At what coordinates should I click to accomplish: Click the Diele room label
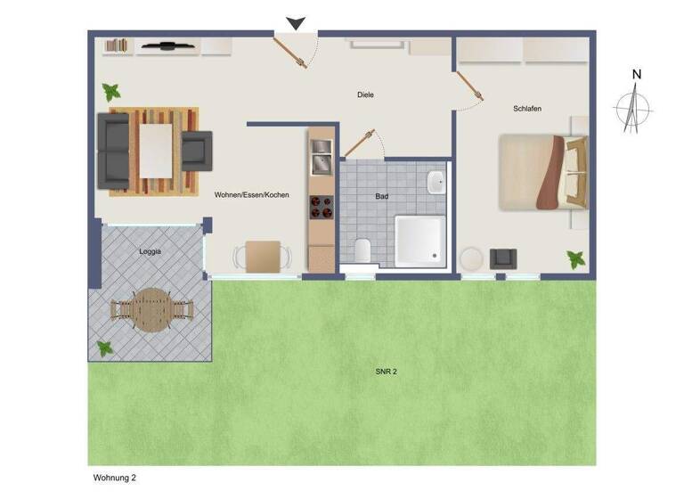click(x=365, y=94)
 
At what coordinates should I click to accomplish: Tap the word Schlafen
click(x=527, y=109)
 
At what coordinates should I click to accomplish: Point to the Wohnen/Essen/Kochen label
click(x=252, y=194)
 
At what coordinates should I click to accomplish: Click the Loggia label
click(x=151, y=251)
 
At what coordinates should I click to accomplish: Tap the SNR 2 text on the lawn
click(x=386, y=371)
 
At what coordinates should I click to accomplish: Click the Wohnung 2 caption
click(x=115, y=478)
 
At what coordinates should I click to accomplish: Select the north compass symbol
click(x=633, y=107)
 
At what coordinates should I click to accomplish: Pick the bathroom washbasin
click(x=436, y=184)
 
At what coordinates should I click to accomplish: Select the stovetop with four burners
click(x=321, y=207)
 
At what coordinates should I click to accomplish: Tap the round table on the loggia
click(x=151, y=310)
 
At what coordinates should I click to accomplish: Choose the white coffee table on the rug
click(x=156, y=149)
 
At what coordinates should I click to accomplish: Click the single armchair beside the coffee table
click(x=195, y=151)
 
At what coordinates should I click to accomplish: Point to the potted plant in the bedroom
click(x=576, y=258)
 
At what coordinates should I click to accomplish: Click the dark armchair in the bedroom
click(x=502, y=258)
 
